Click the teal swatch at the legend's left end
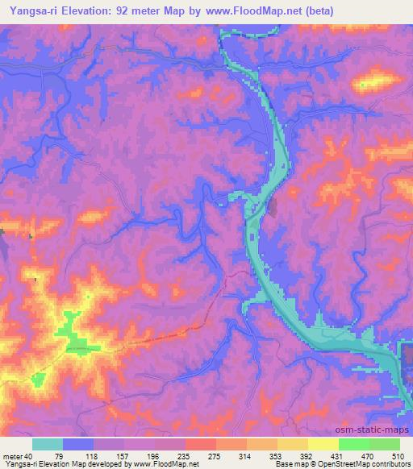[48, 444]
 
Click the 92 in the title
[132, 10]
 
